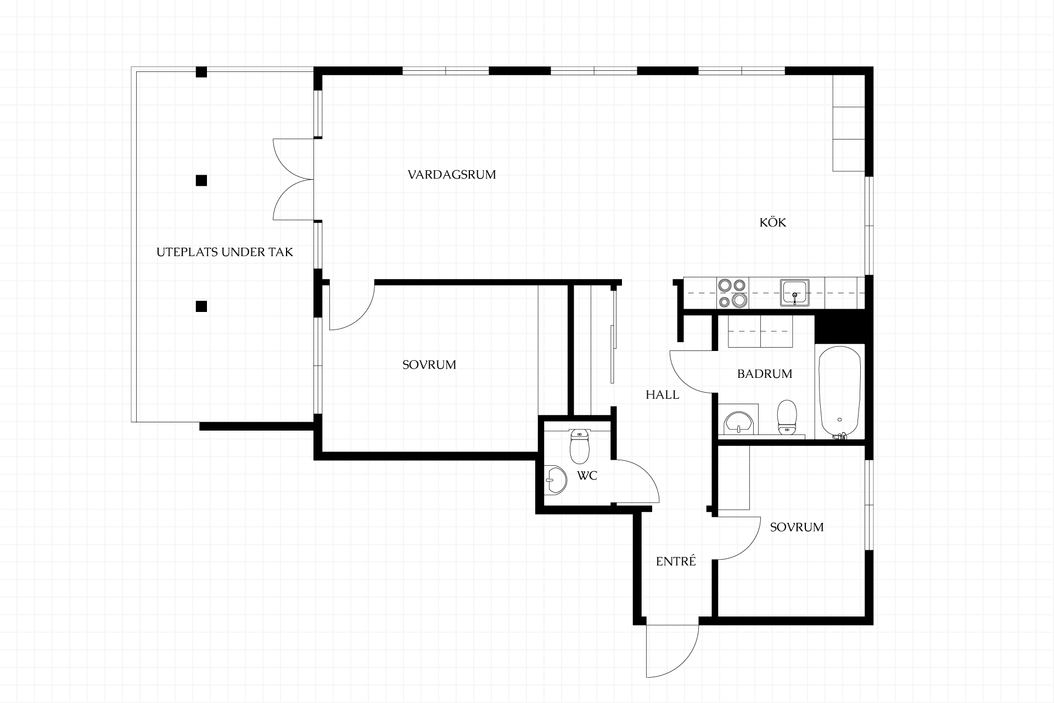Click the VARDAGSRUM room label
[x=452, y=175]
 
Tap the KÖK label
[x=773, y=222]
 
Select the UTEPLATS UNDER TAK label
[x=225, y=252]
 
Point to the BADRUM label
[x=765, y=374]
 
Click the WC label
[x=587, y=476]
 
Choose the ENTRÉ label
[x=676, y=561]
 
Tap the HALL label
[x=663, y=395]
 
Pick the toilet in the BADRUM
[x=787, y=417]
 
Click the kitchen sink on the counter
[x=794, y=293]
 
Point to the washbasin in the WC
[x=556, y=481]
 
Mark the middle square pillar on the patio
[x=201, y=180]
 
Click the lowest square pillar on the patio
[x=201, y=306]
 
